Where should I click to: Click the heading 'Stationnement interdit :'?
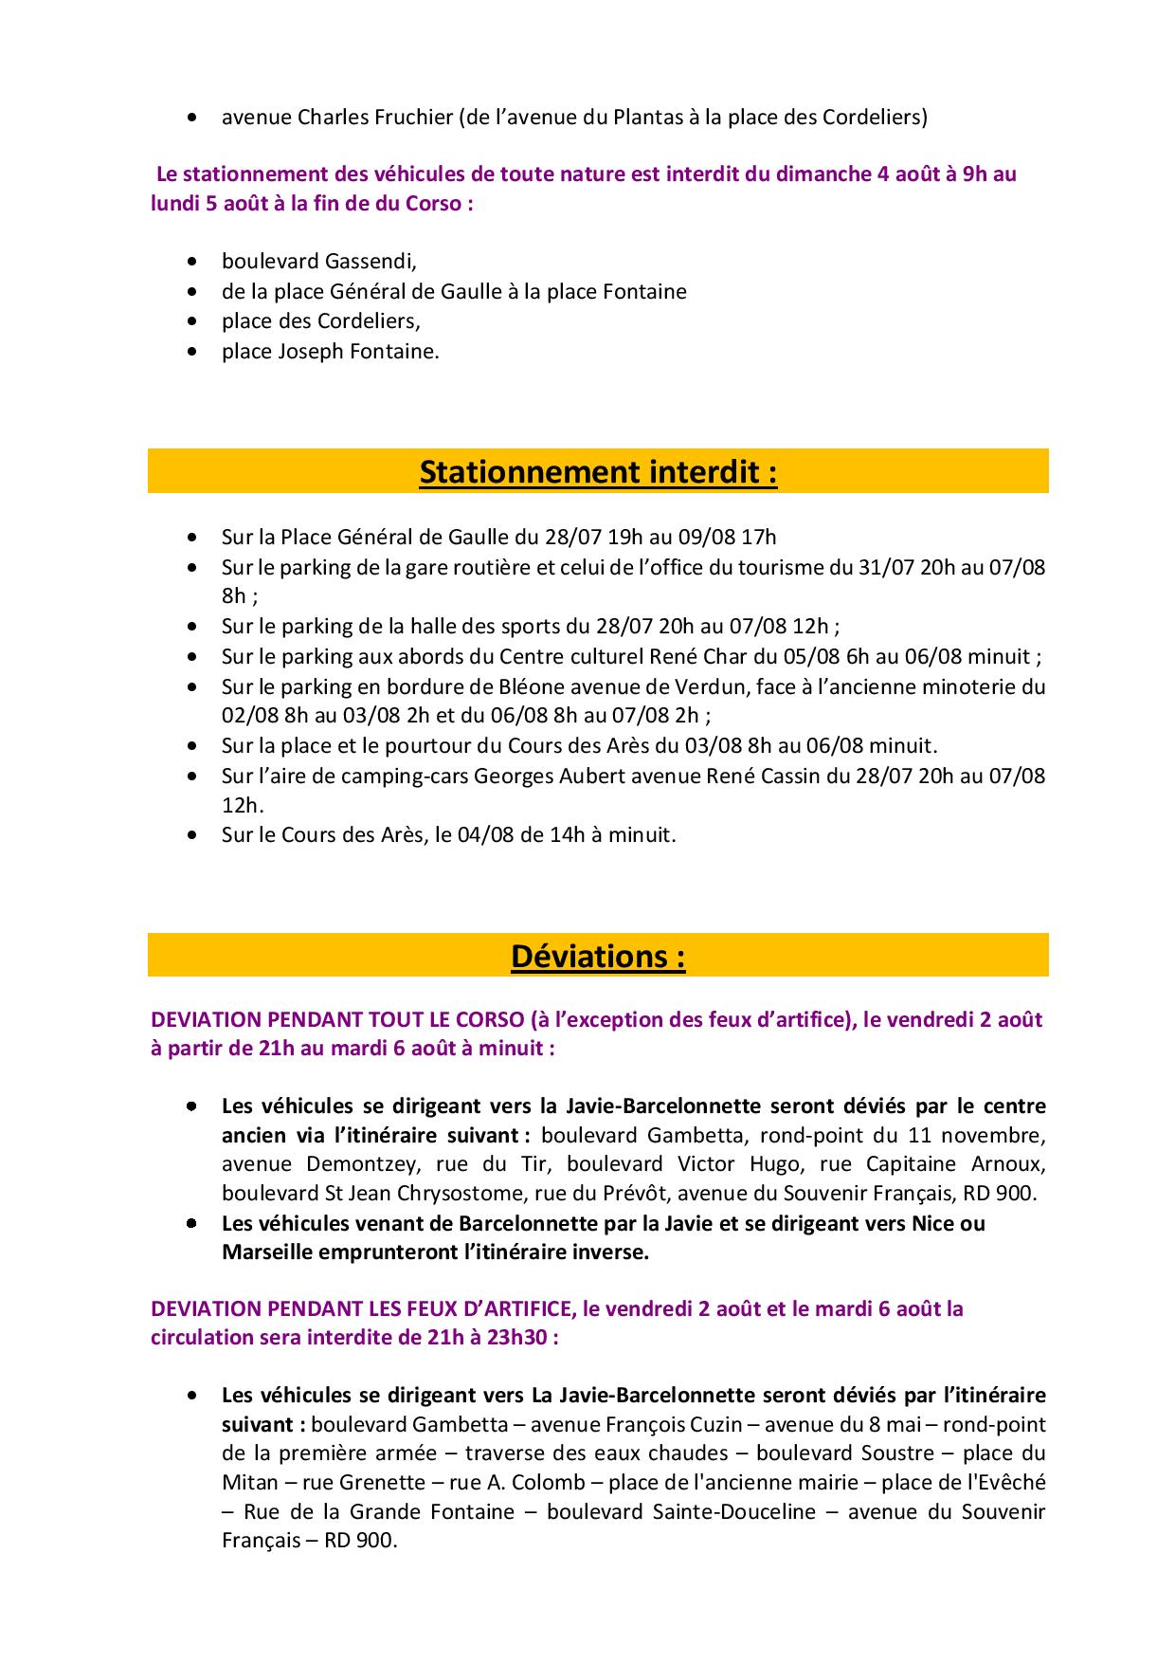pos(598,471)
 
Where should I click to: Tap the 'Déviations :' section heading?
pos(598,956)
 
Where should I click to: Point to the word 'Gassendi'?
pos(371,261)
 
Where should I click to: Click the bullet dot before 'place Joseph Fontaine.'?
pos(193,352)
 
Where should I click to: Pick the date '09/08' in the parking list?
pos(706,538)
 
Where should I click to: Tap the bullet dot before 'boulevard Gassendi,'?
pos(193,261)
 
